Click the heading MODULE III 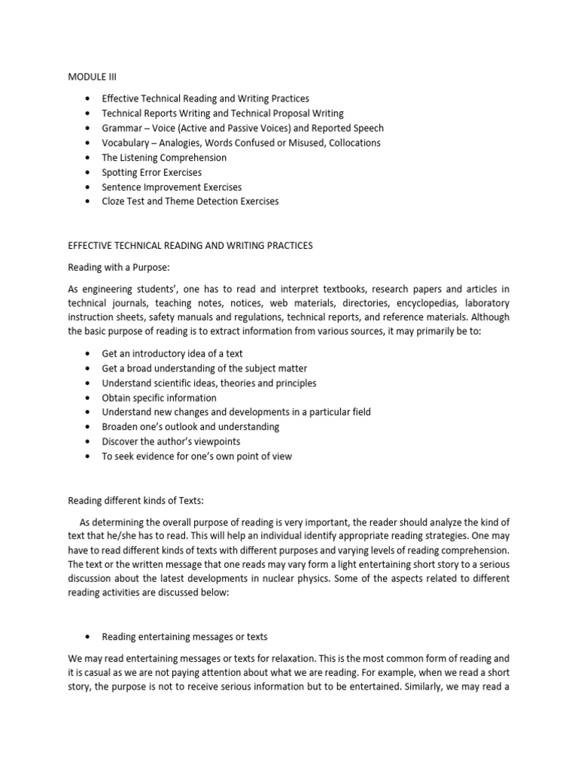point(93,76)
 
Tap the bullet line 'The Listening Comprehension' point(164,158)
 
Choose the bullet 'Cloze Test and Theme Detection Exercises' point(190,201)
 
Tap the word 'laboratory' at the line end point(485,303)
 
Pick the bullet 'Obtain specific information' point(159,398)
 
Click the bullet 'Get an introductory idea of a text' point(172,354)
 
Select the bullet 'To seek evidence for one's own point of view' point(196,456)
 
